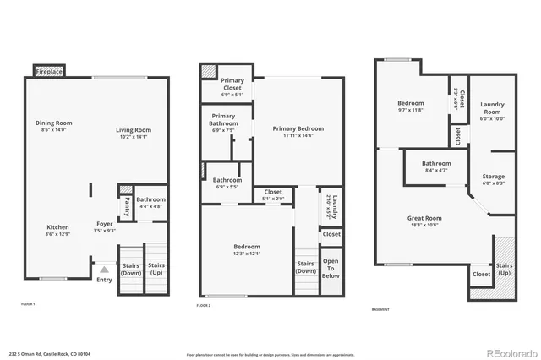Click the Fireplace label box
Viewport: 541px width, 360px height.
point(48,72)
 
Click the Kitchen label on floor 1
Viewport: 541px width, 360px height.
point(57,230)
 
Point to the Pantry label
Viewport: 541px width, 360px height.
point(126,203)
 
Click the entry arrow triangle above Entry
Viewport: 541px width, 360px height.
point(105,270)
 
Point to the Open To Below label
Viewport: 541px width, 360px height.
point(331,269)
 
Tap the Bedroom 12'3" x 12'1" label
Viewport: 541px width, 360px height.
point(247,249)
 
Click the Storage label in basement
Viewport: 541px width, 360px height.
point(493,180)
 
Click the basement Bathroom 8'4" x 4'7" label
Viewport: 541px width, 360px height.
point(436,166)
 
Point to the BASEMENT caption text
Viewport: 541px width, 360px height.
point(380,309)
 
